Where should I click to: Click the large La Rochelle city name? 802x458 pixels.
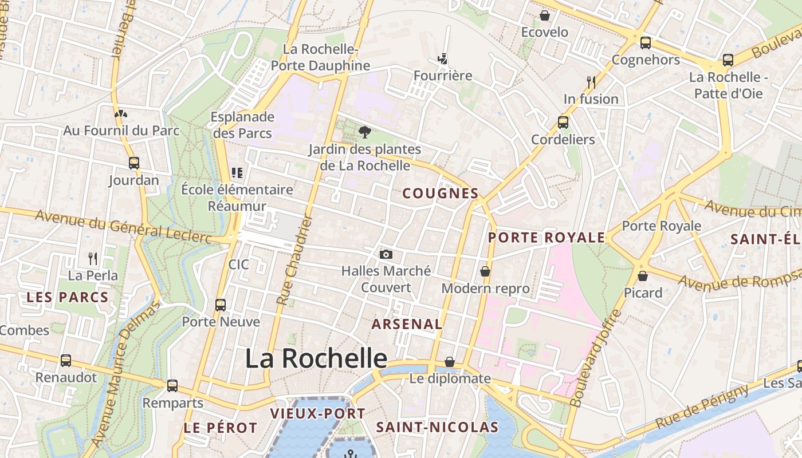(x=316, y=358)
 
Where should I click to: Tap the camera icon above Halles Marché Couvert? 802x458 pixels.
(x=386, y=254)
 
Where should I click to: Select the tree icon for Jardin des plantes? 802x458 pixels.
(x=364, y=132)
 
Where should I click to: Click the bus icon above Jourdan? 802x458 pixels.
(x=134, y=163)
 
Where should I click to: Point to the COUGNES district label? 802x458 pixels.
(x=440, y=194)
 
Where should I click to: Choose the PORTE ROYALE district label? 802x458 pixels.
(x=547, y=238)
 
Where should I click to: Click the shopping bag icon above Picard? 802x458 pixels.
(x=643, y=276)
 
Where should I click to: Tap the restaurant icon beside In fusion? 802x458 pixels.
(x=591, y=82)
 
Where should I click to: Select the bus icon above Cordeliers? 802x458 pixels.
(x=563, y=122)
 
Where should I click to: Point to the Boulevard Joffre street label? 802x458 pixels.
(x=596, y=358)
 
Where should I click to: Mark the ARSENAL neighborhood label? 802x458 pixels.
(x=407, y=324)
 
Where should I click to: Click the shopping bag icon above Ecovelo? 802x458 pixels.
(x=544, y=15)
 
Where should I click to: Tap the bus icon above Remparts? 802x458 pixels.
(x=172, y=386)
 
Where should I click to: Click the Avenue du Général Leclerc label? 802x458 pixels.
(x=123, y=226)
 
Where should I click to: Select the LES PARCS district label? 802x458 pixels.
(x=68, y=298)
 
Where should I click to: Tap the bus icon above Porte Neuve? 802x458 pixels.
(x=221, y=305)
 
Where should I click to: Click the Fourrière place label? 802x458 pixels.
(x=443, y=76)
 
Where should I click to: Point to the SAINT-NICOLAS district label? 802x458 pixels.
(x=437, y=427)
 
